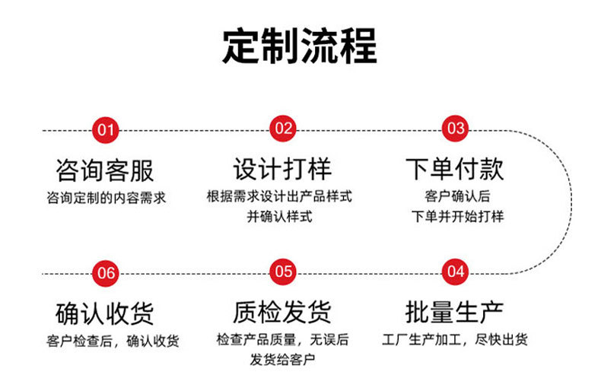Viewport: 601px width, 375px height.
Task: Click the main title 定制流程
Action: [300, 46]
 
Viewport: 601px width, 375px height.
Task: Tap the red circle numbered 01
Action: [106, 130]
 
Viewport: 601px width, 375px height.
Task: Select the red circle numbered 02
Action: [283, 129]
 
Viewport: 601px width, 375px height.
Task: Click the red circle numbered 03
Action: [455, 129]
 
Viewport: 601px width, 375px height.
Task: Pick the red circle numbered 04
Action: [455, 272]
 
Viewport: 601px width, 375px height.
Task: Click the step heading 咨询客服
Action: [105, 170]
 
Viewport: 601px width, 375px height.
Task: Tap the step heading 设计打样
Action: [282, 169]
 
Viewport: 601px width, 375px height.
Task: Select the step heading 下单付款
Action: [455, 169]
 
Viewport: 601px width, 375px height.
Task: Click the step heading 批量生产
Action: [455, 312]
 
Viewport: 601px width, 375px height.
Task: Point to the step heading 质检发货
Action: [282, 312]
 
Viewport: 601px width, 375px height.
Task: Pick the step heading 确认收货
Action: [105, 313]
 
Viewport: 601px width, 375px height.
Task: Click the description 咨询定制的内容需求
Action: [107, 198]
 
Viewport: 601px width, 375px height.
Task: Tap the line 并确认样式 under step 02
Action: [279, 217]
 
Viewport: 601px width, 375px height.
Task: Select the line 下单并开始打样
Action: [458, 217]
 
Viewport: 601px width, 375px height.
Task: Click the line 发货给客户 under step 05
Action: [282, 360]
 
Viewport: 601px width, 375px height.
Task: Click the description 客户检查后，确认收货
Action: [113, 342]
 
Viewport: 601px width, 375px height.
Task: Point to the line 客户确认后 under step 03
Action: [457, 196]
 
